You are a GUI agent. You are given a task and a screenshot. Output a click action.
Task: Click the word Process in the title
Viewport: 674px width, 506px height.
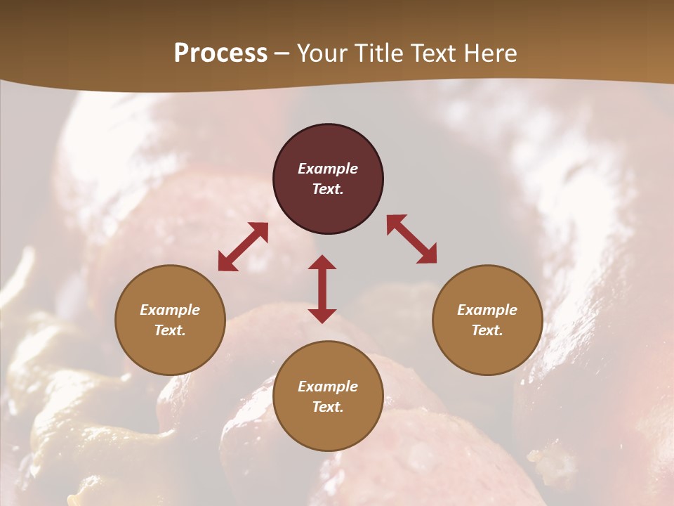click(220, 53)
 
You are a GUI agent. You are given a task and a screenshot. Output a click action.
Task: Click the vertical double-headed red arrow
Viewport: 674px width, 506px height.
click(322, 289)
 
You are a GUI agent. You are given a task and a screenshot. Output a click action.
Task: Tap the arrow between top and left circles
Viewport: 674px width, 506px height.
click(243, 247)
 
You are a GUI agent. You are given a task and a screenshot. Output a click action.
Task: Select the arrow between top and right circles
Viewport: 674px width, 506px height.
click(411, 240)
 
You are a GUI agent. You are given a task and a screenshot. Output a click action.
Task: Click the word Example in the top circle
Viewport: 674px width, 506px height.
click(328, 169)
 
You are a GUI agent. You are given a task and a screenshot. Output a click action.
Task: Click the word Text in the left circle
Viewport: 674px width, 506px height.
click(170, 330)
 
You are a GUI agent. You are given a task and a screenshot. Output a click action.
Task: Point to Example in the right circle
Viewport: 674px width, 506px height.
click(487, 310)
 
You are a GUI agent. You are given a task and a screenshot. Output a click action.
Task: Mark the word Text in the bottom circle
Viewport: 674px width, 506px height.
click(328, 407)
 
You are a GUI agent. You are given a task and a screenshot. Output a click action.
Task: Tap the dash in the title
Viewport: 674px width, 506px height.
click(282, 53)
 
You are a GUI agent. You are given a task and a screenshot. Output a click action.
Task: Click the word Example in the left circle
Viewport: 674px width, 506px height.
click(170, 310)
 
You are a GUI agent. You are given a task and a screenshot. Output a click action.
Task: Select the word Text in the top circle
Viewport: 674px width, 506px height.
click(328, 189)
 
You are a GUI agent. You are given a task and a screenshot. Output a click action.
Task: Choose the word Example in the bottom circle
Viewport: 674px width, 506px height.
click(328, 387)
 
